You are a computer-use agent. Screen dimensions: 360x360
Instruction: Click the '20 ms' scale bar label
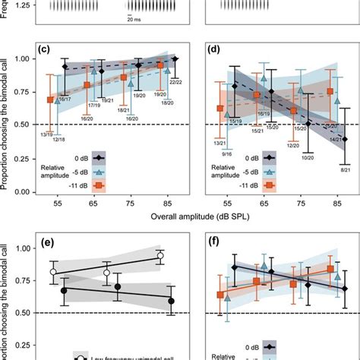pos(135,21)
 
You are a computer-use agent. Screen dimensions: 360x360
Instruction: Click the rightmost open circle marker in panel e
pos(159,257)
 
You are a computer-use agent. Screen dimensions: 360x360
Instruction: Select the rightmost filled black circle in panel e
pos(171,302)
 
